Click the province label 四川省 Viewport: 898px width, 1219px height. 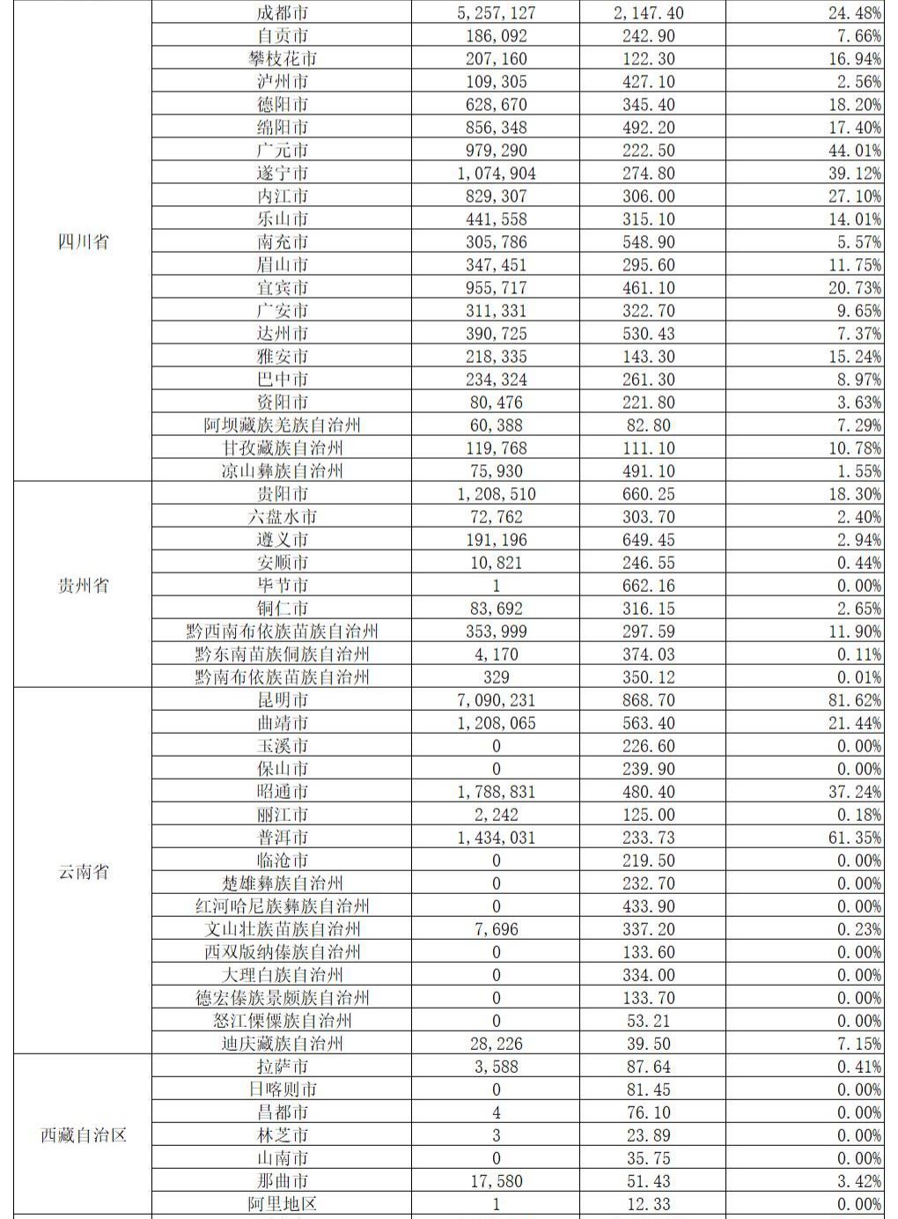coord(83,241)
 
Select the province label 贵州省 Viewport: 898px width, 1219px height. coord(83,586)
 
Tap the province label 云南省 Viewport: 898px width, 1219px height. coord(83,872)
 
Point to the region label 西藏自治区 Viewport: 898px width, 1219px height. coord(83,1135)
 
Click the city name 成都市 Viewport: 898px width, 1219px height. coord(283,13)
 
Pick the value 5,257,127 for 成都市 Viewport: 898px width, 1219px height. coord(497,13)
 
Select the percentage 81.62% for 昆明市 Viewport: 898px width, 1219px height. coord(855,700)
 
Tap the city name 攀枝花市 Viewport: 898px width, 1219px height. coord(283,59)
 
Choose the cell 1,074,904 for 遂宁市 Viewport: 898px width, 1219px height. coord(497,174)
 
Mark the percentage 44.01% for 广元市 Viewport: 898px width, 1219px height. coord(855,151)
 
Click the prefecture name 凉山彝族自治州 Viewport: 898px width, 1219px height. coord(283,471)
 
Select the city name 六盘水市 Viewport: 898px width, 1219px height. coord(283,517)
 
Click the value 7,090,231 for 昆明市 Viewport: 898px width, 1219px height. coord(497,700)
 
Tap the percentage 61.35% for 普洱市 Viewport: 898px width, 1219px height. coord(855,838)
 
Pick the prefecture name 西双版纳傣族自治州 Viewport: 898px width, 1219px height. coord(283,952)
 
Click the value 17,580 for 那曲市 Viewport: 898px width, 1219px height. coord(497,1181)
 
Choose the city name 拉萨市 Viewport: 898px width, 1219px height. coord(283,1067)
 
